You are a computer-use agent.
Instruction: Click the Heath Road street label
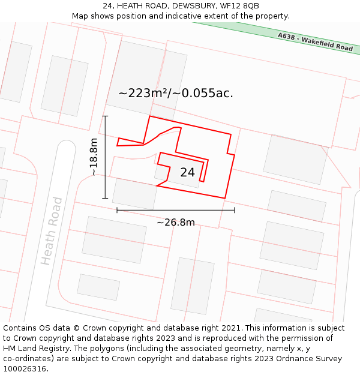pyautogui.click(x=52, y=231)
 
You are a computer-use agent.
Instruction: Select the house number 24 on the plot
pyautogui.click(x=187, y=172)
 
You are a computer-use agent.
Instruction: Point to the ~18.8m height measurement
pyautogui.click(x=94, y=157)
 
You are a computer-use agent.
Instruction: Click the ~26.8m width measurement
pyautogui.click(x=176, y=223)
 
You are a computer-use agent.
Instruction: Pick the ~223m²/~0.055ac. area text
pyautogui.click(x=176, y=93)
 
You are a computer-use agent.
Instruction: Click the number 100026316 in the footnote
pyautogui.click(x=25, y=369)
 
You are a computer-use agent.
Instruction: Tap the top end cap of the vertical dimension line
pyautogui.click(x=105, y=116)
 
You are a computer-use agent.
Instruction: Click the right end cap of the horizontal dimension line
pyautogui.click(x=234, y=209)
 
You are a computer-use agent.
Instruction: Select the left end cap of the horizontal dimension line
pyautogui.click(x=117, y=209)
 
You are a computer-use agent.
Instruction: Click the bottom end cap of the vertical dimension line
pyautogui.click(x=105, y=198)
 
